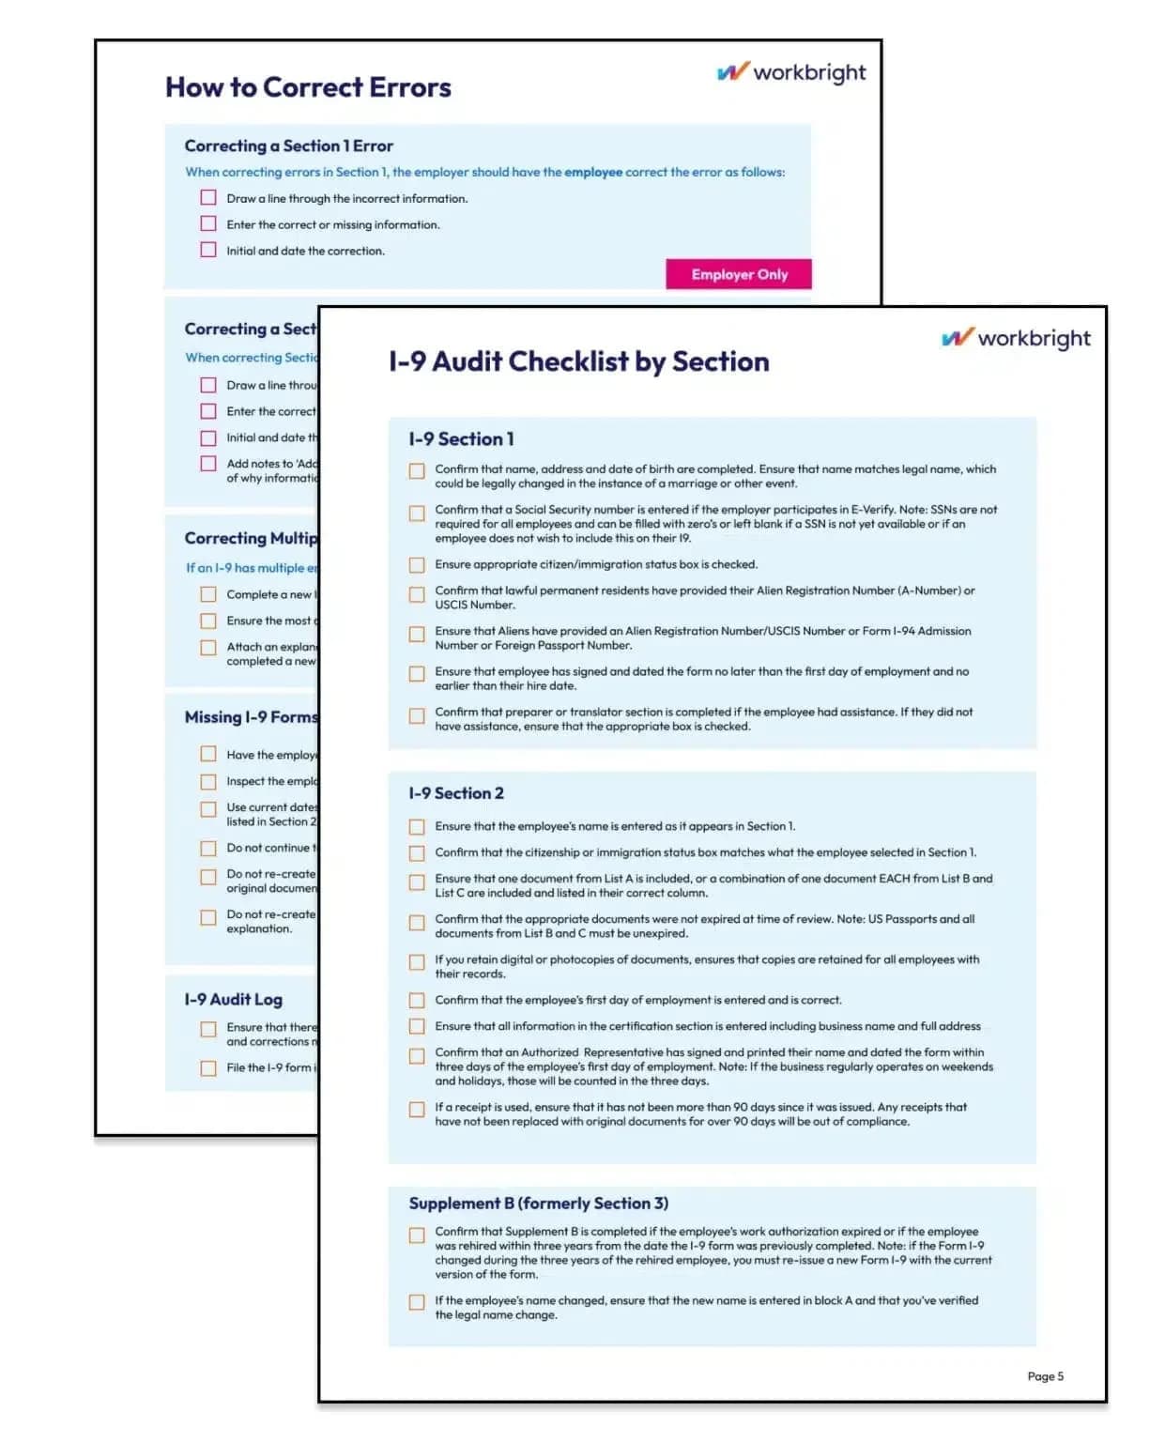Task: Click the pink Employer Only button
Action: (x=739, y=274)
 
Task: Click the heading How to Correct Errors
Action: (x=308, y=87)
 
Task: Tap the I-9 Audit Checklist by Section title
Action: (x=578, y=361)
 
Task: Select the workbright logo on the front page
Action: (x=1016, y=338)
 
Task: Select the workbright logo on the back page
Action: (x=791, y=72)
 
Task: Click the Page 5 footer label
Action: (x=1045, y=1376)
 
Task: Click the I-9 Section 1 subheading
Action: (x=461, y=438)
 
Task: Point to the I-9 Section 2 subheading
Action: (x=456, y=793)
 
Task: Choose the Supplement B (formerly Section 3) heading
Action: (x=538, y=1204)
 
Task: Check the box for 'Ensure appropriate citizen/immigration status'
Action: (x=417, y=565)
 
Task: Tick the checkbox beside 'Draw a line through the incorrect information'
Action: (x=208, y=198)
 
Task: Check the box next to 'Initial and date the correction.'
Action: (x=208, y=251)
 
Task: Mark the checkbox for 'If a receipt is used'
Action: (x=417, y=1109)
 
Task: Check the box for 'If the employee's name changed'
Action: (x=417, y=1302)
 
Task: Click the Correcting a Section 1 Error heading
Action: (x=288, y=146)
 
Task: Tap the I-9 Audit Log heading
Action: (x=233, y=1000)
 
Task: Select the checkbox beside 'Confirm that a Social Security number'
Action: (x=417, y=513)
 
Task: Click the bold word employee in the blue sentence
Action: (x=593, y=172)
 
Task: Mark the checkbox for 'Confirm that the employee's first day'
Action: (x=417, y=1001)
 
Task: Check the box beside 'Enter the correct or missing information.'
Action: (x=208, y=224)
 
